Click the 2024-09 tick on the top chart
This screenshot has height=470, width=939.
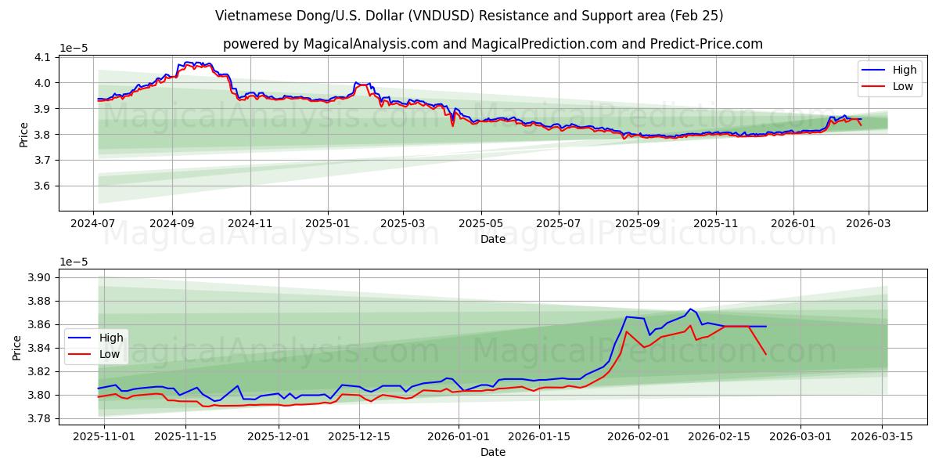172,223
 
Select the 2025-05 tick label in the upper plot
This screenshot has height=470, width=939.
480,223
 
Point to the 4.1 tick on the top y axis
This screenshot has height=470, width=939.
42,57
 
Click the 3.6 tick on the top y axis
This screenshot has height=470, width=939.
42,186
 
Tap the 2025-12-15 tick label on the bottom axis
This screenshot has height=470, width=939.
359,436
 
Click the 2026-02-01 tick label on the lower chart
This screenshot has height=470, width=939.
639,436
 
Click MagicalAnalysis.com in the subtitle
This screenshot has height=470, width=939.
370,44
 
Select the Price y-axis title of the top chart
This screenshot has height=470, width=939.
23,135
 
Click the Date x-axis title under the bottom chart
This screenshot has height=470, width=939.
493,452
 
